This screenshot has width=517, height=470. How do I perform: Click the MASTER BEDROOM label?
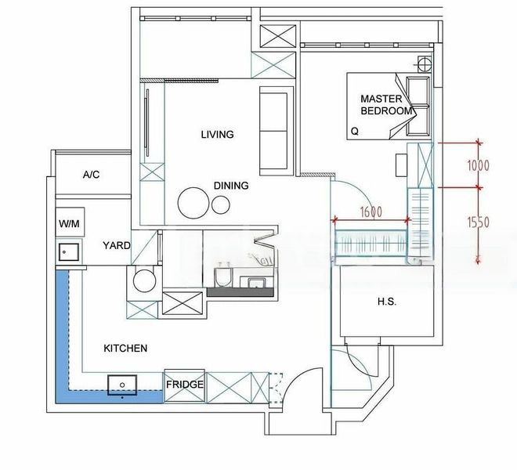coord(386,105)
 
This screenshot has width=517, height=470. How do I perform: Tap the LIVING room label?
coord(217,135)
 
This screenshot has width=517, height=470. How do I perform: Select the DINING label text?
coord(231,186)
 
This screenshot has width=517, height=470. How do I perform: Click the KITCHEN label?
coord(125,348)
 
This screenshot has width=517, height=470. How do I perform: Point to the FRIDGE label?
coord(185,385)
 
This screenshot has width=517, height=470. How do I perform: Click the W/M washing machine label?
coord(69,224)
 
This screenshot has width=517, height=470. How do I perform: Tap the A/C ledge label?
coord(92,175)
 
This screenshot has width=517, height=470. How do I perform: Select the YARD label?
coord(116,245)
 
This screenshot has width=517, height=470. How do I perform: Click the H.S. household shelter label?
coord(386,302)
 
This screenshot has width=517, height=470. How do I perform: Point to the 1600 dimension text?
coord(371,211)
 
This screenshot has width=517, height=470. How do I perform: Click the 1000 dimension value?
coord(478,165)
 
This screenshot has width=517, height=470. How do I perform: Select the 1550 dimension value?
coord(479,223)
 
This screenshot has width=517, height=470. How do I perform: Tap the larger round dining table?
coord(193,203)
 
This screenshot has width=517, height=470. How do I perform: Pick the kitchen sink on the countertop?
coord(122,384)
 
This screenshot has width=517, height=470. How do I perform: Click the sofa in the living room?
coord(273,130)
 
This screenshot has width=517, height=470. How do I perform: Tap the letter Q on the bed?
coord(355,131)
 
